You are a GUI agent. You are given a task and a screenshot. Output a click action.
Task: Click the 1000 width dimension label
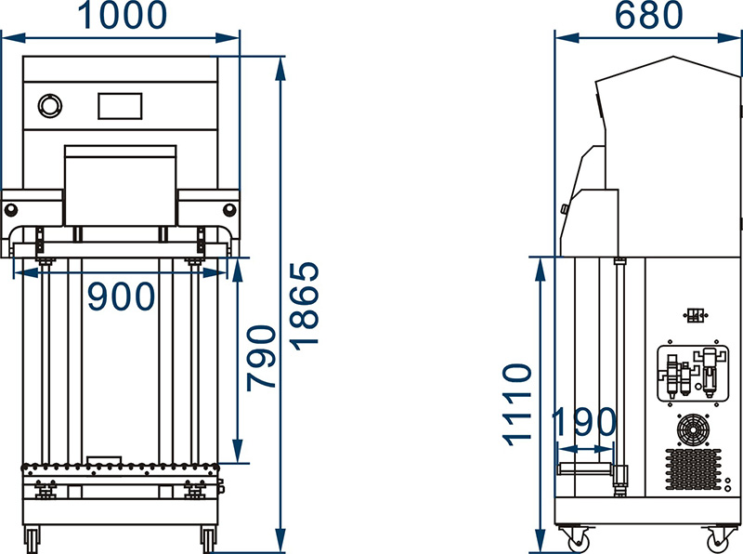(x=122, y=15)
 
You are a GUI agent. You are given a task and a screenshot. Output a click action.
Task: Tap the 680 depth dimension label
(x=648, y=15)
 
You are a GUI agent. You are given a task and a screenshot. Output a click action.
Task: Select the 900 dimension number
(x=122, y=297)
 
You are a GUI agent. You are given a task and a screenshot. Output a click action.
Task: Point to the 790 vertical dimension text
(x=261, y=358)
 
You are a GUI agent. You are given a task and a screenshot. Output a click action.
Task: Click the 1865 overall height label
(x=305, y=307)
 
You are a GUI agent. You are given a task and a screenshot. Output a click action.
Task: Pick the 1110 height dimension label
(x=517, y=405)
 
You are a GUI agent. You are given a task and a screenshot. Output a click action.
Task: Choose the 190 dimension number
(x=584, y=422)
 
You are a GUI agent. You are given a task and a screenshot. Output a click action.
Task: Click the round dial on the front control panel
(x=50, y=106)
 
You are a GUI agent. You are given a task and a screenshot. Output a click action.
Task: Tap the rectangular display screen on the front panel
(x=120, y=106)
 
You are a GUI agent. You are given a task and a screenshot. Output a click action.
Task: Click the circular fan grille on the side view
(x=693, y=430)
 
